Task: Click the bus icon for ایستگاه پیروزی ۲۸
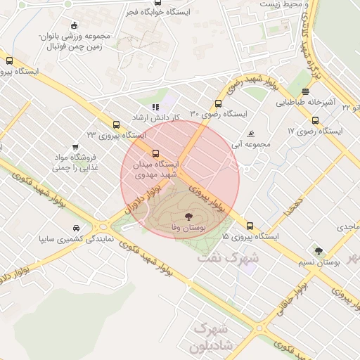[x=9, y=60]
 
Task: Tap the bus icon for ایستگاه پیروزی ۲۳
[x=116, y=124]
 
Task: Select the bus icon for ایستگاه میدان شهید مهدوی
[x=155, y=153]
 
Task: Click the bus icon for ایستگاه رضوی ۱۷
[x=315, y=120]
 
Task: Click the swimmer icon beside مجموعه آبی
[x=251, y=134]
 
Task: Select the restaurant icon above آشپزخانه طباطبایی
[x=305, y=91]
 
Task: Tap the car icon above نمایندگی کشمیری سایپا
[x=75, y=229]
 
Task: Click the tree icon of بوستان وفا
[x=188, y=217]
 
